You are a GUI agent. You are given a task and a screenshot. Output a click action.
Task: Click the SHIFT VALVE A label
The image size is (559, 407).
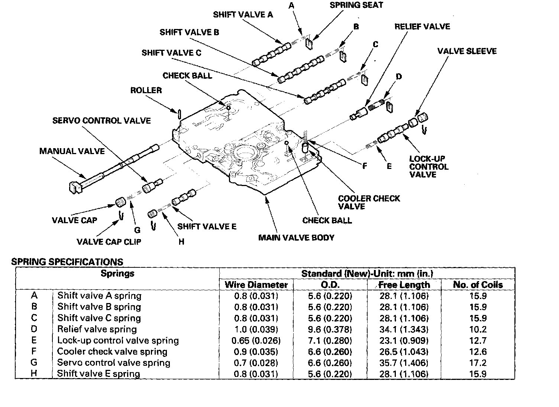[x=243, y=14]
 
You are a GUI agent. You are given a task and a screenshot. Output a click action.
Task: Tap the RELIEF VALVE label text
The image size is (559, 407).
[x=422, y=27]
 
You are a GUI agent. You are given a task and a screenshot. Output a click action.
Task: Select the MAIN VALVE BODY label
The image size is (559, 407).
[x=296, y=238]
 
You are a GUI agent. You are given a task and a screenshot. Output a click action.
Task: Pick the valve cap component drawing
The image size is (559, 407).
[x=120, y=203]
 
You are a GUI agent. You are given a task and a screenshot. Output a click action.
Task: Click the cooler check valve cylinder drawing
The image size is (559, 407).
[x=306, y=148]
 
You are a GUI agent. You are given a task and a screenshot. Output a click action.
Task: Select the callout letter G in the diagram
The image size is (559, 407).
[x=137, y=230]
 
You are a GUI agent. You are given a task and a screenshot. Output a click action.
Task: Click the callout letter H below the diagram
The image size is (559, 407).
[x=181, y=242]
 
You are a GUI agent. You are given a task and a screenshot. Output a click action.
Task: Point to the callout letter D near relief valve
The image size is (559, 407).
[x=398, y=77]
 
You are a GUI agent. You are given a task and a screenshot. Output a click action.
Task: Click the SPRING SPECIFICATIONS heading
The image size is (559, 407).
[x=67, y=261]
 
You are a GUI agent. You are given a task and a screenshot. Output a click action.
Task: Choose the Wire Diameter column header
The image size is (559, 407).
[x=256, y=285]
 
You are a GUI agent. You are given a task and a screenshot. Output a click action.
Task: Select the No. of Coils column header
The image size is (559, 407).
[x=478, y=285]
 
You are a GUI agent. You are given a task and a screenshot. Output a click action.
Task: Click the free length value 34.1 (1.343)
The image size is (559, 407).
[x=404, y=329]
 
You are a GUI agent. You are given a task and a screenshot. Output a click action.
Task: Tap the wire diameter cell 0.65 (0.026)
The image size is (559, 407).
[x=256, y=341]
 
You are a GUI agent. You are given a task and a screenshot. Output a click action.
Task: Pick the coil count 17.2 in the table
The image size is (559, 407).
[x=478, y=363]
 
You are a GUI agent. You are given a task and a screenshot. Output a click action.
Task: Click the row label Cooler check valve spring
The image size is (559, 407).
[x=112, y=352]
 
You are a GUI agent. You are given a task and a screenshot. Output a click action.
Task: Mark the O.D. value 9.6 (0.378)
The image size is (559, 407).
[x=330, y=329]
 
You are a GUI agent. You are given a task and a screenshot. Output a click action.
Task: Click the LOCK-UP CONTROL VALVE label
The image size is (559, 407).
[x=429, y=167]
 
